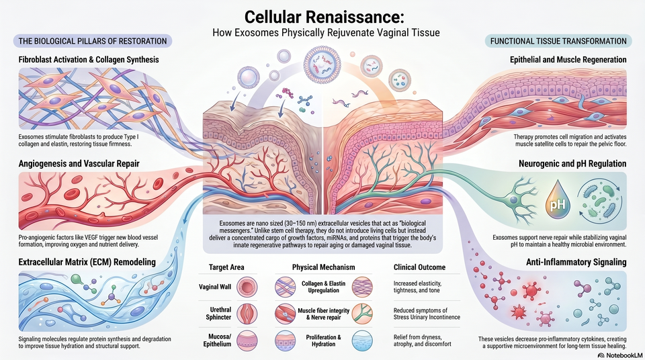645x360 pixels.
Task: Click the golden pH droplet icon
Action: tap(558, 200)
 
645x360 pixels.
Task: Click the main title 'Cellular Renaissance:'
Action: tap(325, 17)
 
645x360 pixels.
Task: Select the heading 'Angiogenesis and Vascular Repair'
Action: tap(79, 164)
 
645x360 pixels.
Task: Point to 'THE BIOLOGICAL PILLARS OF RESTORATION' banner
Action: tap(93, 41)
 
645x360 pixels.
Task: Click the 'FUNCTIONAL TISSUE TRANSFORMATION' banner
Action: tap(558, 41)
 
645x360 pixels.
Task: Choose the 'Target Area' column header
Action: tap(226, 267)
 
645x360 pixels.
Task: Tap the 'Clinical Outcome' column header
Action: tap(419, 267)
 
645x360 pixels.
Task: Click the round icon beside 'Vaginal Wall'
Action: tap(247, 287)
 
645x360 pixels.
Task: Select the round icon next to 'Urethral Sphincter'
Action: tap(247, 314)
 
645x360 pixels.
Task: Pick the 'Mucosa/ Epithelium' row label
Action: tap(217, 341)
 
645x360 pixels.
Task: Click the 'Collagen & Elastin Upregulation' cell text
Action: tap(324, 287)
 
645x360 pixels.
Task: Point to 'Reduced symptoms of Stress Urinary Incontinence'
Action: tap(427, 314)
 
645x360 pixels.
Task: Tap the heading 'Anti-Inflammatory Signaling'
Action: tap(576, 262)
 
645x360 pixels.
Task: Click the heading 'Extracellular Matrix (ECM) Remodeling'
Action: tap(87, 262)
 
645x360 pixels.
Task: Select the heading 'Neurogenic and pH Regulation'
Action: tap(572, 164)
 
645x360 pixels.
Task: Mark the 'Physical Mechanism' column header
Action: tap(323, 267)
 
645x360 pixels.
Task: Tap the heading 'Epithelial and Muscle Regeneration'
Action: tap(568, 60)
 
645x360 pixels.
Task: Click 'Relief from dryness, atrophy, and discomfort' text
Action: tap(422, 341)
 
